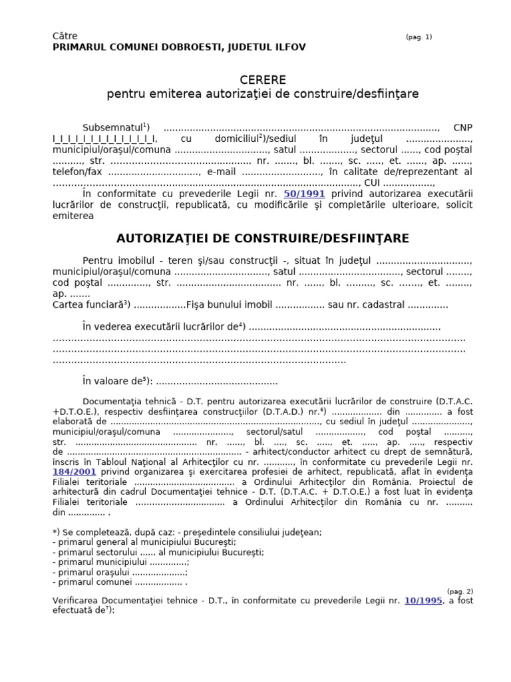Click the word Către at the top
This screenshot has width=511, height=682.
tap(64, 36)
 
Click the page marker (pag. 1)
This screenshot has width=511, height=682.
tap(419, 37)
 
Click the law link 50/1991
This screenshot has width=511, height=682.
tap(304, 194)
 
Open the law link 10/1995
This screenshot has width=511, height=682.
tap(423, 601)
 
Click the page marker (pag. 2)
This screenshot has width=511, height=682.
tap(460, 591)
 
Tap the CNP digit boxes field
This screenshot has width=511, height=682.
tap(104, 139)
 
